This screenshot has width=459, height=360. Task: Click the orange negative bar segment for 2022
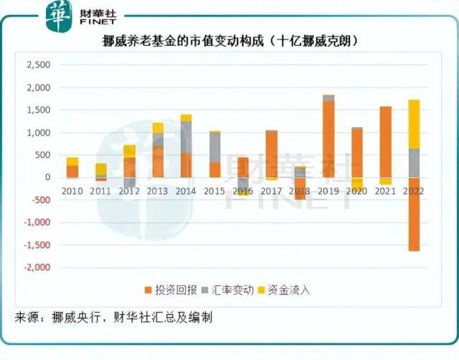pos(414,214)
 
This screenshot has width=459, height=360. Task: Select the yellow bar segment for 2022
pos(414,124)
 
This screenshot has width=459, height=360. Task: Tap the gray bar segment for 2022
pos(414,163)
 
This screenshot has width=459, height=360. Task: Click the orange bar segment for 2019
pos(328,139)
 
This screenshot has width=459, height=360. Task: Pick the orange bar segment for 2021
pos(385,141)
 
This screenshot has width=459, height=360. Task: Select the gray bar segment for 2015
pos(214,147)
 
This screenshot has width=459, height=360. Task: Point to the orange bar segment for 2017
pos(271,153)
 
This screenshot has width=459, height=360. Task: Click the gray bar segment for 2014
pos(186,137)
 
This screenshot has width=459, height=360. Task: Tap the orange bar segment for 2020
pos(356,153)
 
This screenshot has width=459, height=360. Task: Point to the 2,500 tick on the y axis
pos(37,65)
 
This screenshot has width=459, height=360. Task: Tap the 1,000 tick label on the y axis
pos(37,133)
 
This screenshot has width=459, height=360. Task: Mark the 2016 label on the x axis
pos(243,191)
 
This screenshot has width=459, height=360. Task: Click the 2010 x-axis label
pos(72,191)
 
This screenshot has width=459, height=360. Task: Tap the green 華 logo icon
pos(60,16)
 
